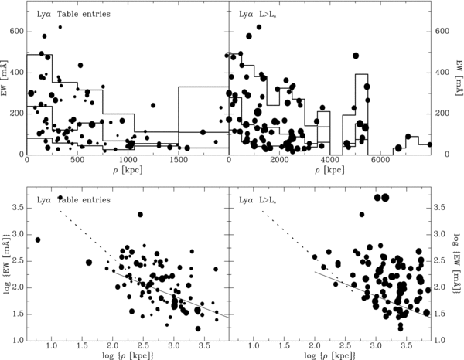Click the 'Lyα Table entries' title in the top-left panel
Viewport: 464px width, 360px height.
point(73,14)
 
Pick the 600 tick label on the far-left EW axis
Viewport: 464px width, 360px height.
point(17,32)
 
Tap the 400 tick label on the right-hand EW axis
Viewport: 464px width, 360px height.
point(442,73)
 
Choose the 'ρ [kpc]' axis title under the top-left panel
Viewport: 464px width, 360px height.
point(128,171)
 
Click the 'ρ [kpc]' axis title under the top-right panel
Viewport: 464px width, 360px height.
point(329,171)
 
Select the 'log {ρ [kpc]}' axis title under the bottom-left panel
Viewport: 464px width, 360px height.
point(128,355)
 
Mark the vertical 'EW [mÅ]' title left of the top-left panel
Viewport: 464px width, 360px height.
point(5,78)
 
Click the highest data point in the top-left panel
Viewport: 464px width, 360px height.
point(60,27)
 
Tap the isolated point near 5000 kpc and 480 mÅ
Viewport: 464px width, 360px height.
point(356,56)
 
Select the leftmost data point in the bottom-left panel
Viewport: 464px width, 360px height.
point(38,239)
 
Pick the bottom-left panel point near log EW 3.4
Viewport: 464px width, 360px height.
point(140,215)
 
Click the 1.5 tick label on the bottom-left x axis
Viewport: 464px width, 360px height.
point(82,346)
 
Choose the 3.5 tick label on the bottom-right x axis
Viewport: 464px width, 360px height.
point(406,346)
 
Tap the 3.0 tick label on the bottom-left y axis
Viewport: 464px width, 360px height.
point(18,235)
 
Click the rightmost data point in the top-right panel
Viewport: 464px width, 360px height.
point(430,144)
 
